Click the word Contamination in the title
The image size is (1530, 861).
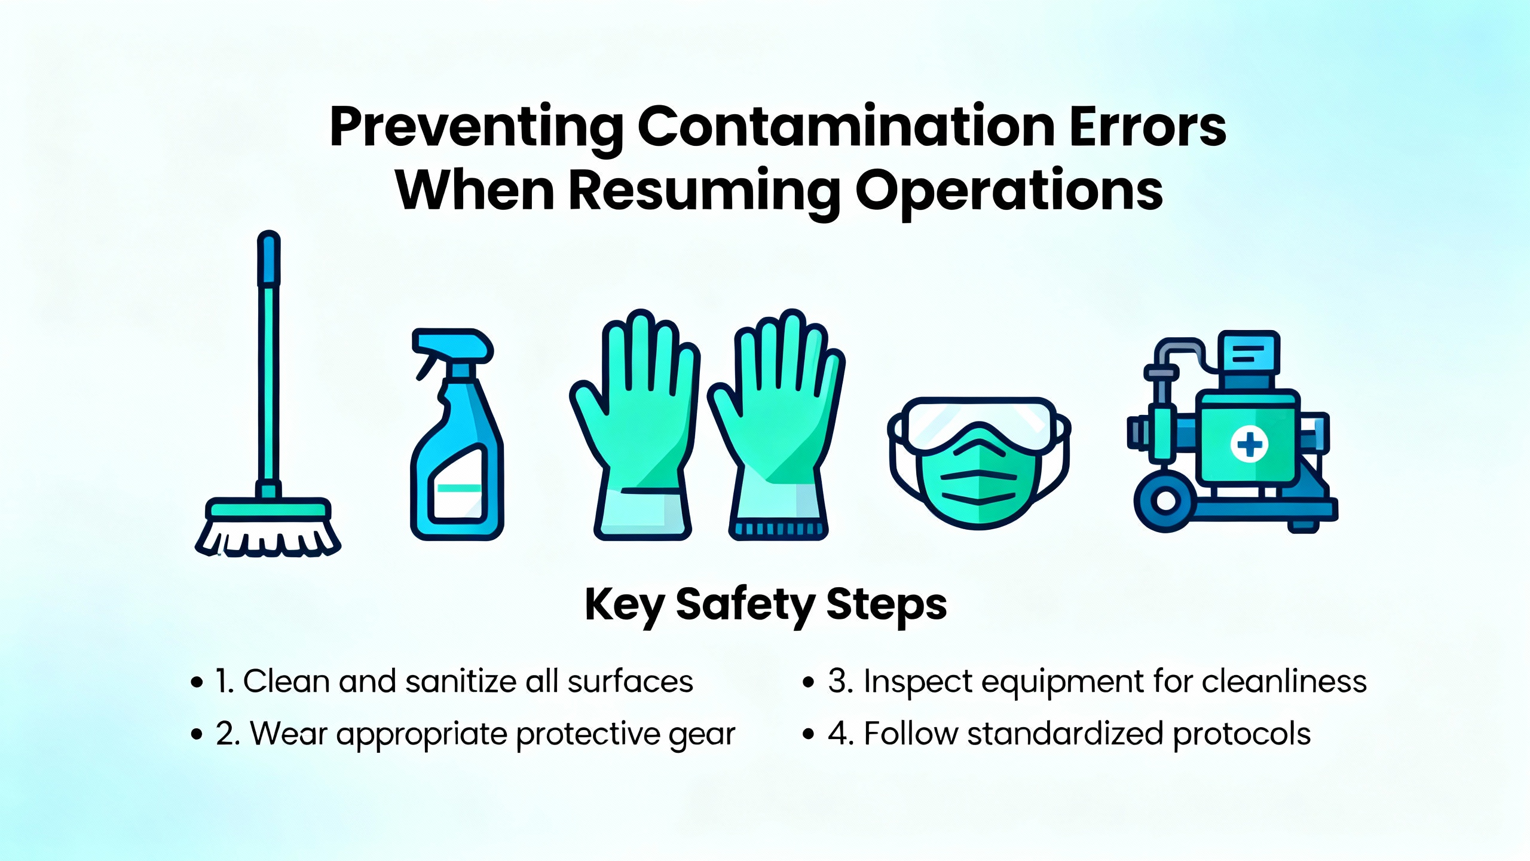(x=846, y=126)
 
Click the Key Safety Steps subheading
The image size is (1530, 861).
(x=766, y=606)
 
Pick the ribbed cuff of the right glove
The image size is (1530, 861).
(x=778, y=529)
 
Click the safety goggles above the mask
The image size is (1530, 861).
(x=978, y=425)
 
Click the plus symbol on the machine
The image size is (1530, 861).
(x=1249, y=445)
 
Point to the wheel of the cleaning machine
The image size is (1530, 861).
(x=1164, y=501)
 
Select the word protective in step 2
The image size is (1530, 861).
(x=588, y=734)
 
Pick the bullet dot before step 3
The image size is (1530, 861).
(x=809, y=682)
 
